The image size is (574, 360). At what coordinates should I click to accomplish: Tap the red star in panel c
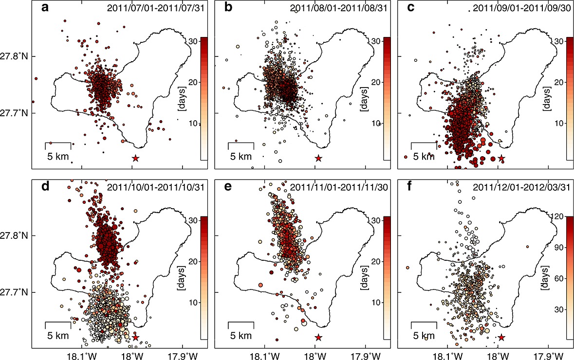[x=501, y=158]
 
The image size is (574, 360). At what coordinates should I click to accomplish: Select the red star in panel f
[x=501, y=337]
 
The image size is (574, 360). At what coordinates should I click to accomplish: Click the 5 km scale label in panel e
[x=241, y=336]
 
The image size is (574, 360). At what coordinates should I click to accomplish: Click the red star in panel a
[x=135, y=158]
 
